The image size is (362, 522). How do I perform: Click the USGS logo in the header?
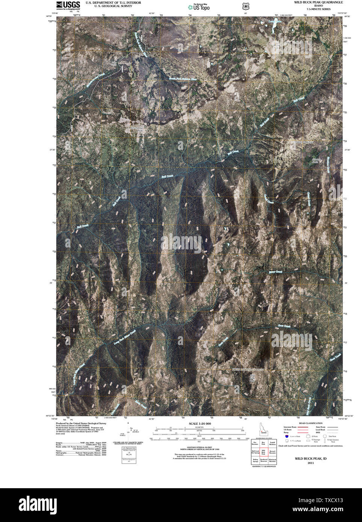[68, 5]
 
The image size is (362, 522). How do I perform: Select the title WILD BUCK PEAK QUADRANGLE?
[318, 2]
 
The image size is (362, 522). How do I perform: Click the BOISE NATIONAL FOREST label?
[248, 370]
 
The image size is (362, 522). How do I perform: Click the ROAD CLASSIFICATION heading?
[313, 423]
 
